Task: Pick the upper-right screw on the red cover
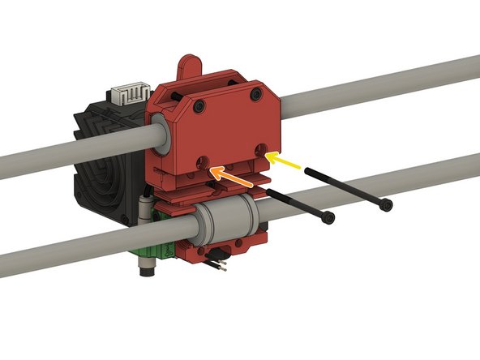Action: click(x=257, y=95)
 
